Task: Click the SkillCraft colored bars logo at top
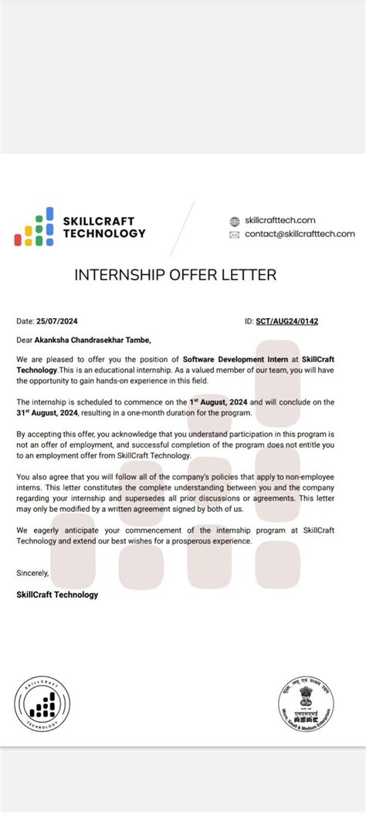(x=34, y=227)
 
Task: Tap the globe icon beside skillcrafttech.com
(x=235, y=221)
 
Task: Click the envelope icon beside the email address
(x=235, y=235)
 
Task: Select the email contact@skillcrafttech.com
(x=300, y=234)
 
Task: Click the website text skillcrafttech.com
(x=280, y=220)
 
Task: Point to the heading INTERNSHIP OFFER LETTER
(x=175, y=275)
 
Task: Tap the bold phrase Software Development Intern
(x=230, y=359)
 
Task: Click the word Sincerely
(x=32, y=573)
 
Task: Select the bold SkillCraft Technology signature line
(x=57, y=595)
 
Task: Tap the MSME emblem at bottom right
(x=306, y=700)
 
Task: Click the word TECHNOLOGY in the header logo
(x=103, y=233)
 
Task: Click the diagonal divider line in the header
(x=183, y=228)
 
